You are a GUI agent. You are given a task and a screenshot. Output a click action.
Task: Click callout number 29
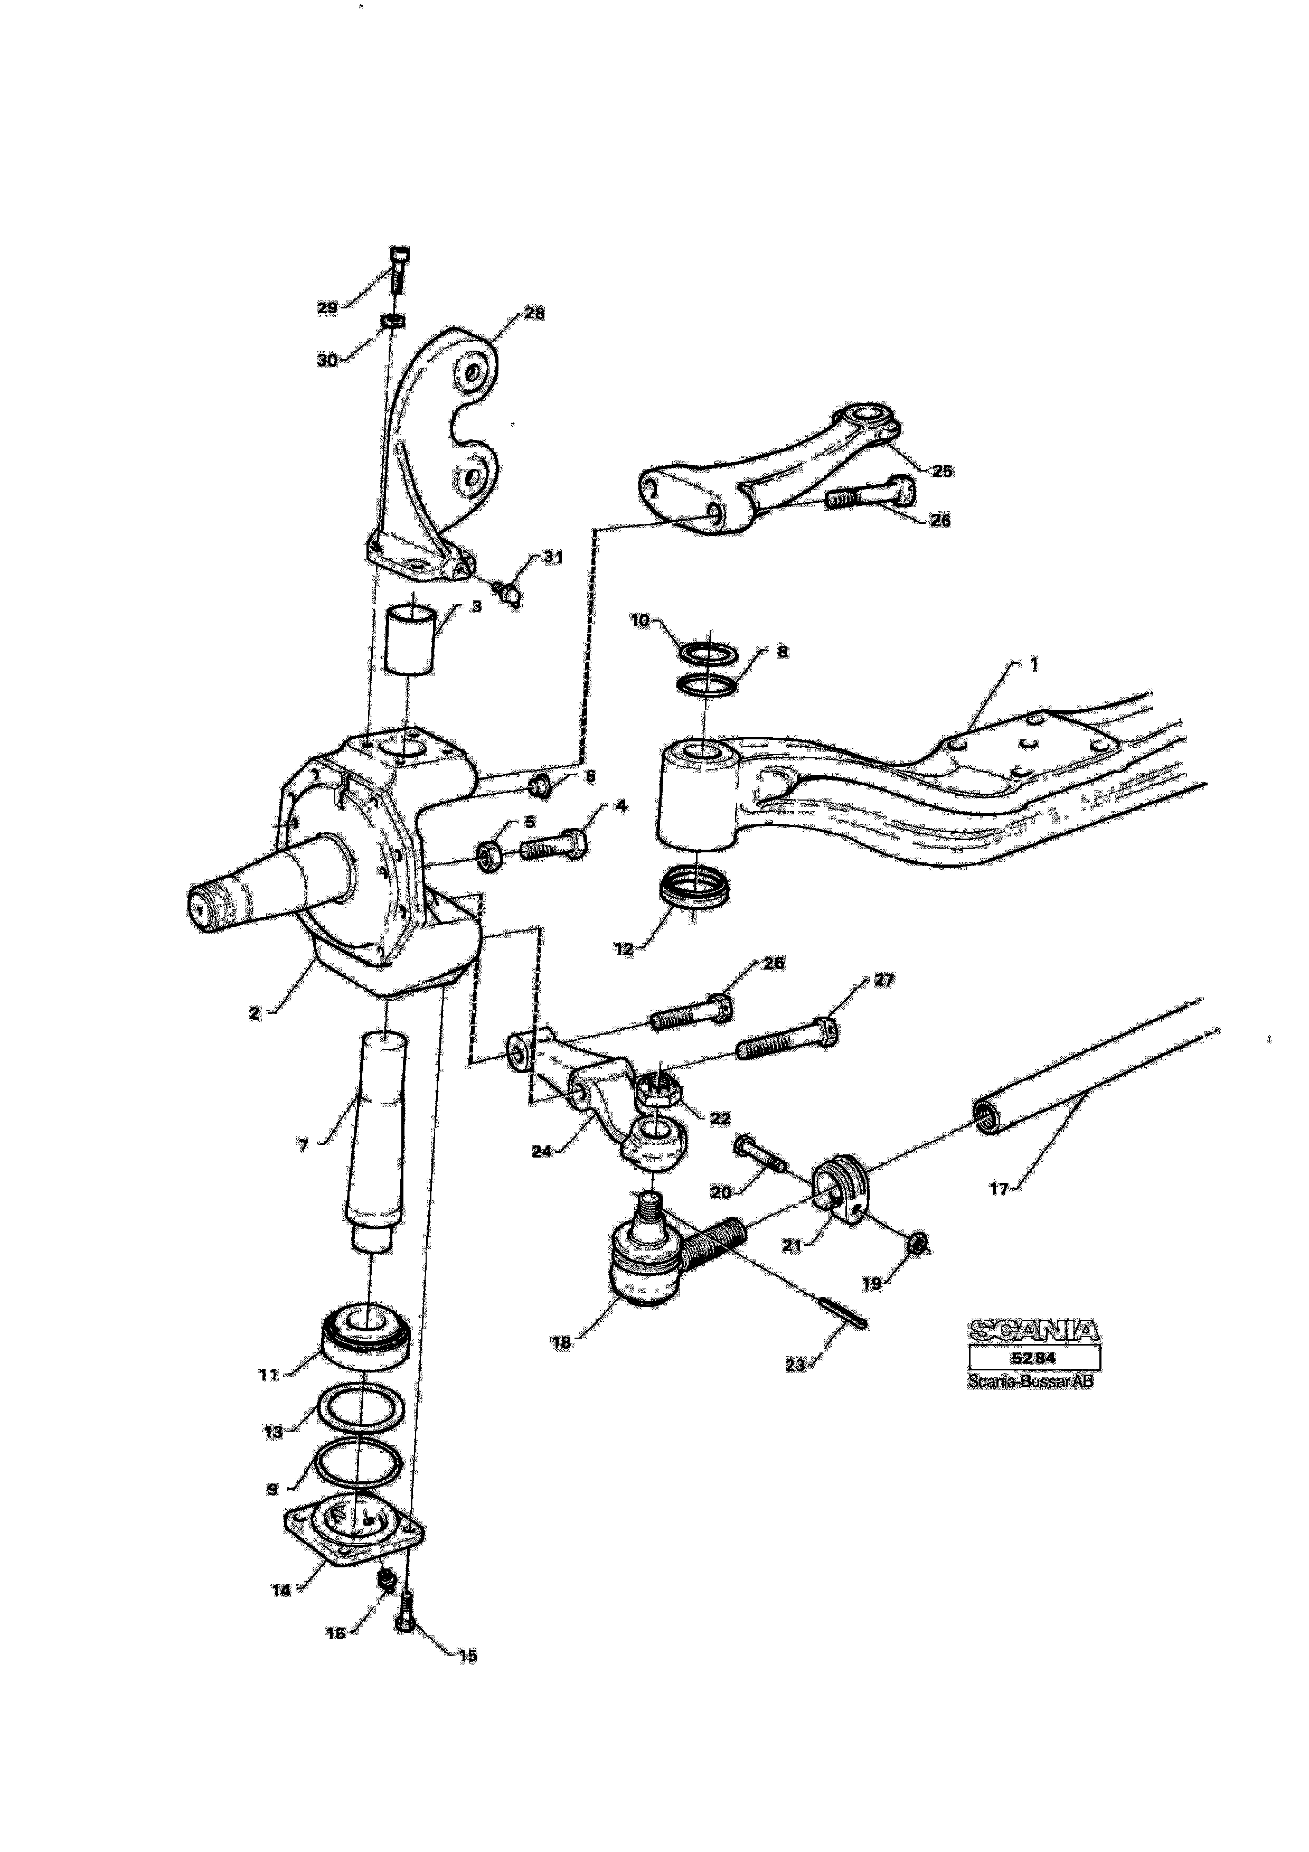point(327,308)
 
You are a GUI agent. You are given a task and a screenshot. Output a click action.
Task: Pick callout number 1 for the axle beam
point(1034,663)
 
